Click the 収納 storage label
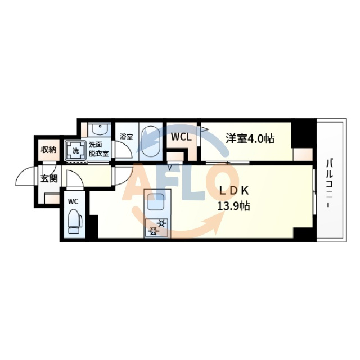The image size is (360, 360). [48, 150]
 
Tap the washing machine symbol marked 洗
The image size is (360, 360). [74, 151]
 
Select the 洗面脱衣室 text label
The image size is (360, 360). [98, 149]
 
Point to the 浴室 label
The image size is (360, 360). [125, 136]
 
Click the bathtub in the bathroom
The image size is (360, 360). [150, 141]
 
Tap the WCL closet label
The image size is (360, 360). [181, 137]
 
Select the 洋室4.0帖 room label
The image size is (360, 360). [250, 138]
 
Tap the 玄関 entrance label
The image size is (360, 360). [49, 179]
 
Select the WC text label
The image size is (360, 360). [73, 201]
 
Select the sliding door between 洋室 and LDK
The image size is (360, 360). [228, 163]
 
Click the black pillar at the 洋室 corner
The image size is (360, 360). [304, 132]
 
